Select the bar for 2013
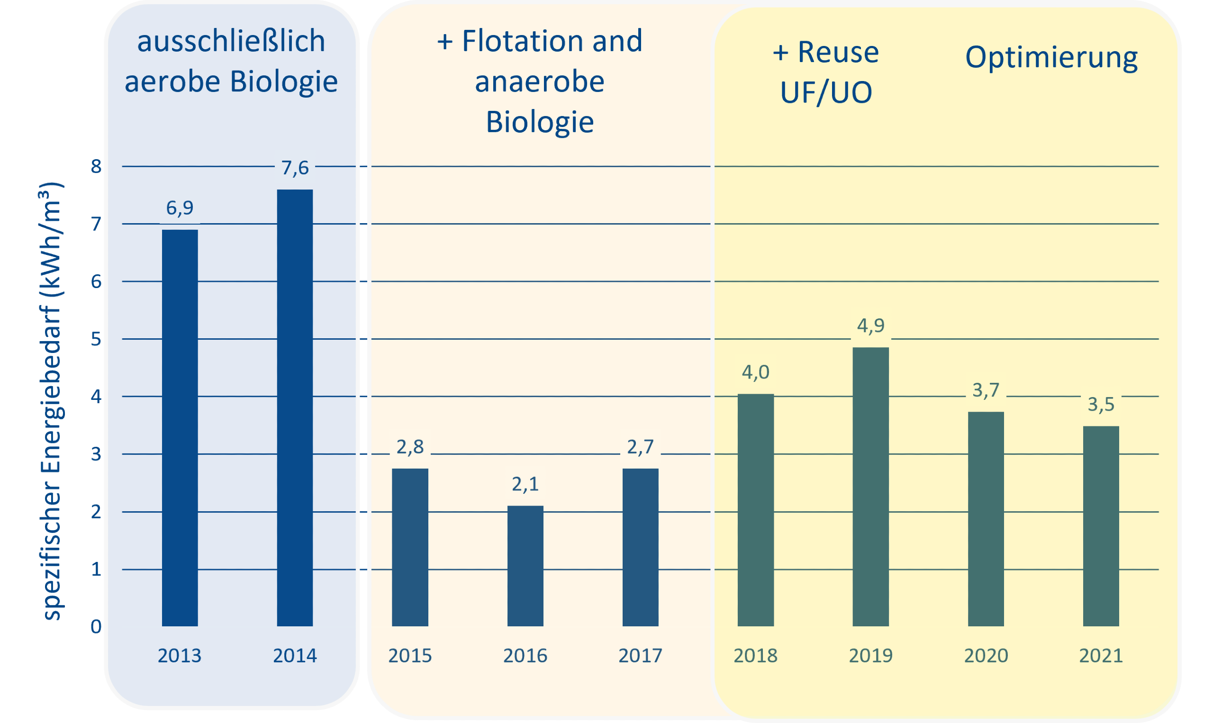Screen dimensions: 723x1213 (x=180, y=428)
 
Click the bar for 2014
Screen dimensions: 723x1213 (x=295, y=408)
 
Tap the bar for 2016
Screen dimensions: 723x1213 (x=525, y=566)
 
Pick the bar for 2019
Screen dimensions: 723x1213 (x=870, y=487)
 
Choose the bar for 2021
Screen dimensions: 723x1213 (x=1101, y=526)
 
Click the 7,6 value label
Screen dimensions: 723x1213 (x=295, y=167)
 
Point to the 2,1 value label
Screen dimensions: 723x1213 (x=525, y=483)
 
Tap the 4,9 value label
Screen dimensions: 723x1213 (x=870, y=325)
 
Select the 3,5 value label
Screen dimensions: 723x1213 (x=1101, y=403)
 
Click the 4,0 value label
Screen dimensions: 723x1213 (x=756, y=372)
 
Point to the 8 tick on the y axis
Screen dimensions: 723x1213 (x=96, y=167)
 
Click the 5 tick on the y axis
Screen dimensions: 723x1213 (x=96, y=339)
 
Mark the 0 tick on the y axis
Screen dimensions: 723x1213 (x=96, y=626)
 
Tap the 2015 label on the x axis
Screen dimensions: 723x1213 (x=410, y=656)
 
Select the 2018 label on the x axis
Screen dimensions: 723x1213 (x=756, y=656)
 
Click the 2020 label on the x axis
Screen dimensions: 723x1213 (x=986, y=656)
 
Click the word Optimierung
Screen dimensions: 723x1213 (x=1051, y=57)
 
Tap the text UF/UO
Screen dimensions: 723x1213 (x=826, y=92)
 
